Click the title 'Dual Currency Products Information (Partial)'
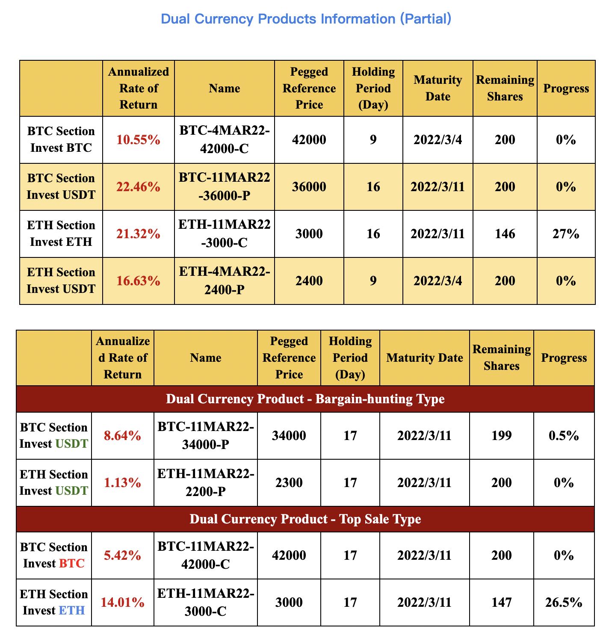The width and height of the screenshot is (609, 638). [x=306, y=19]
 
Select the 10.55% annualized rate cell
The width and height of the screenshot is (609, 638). [x=139, y=140]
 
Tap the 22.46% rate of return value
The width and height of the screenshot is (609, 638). [x=139, y=187]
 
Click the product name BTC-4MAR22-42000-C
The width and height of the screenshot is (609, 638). [x=225, y=140]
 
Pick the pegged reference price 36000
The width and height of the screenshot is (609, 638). [x=309, y=187]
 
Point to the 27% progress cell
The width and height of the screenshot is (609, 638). [x=566, y=234]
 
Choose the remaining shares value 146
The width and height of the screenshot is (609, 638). [x=505, y=234]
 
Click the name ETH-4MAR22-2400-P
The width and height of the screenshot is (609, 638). [x=225, y=281]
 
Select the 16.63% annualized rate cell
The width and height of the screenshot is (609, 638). [x=139, y=281]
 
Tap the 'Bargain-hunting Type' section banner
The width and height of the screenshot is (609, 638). [x=305, y=399]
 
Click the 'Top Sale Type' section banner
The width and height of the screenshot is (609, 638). [x=305, y=519]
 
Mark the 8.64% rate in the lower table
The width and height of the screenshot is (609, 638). [x=122, y=436]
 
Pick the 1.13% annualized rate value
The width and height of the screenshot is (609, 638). [x=122, y=483]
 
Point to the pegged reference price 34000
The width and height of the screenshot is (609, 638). [x=289, y=436]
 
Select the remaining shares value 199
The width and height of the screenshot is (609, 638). [x=501, y=436]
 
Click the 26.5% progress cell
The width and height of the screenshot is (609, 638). [x=564, y=603]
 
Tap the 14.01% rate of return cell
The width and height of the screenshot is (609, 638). [x=122, y=603]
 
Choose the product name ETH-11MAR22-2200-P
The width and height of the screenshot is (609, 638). [x=206, y=483]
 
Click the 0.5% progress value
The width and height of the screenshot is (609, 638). [x=564, y=436]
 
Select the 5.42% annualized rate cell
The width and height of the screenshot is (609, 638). [x=122, y=555]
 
